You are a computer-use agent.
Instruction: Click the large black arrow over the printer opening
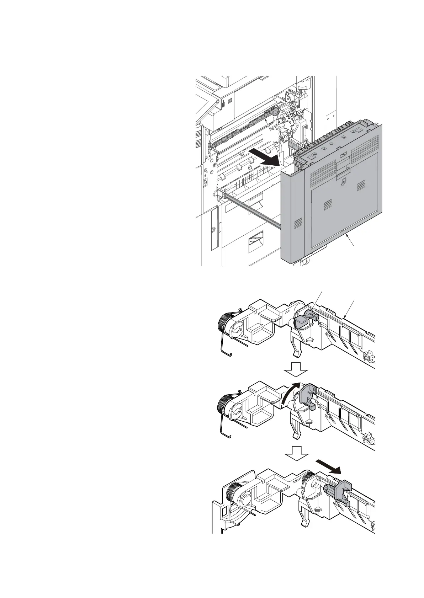(264, 158)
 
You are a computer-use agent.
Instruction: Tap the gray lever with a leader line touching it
(303, 319)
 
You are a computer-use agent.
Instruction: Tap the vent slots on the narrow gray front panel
(298, 224)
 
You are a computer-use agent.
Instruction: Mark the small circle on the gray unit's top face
(331, 145)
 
